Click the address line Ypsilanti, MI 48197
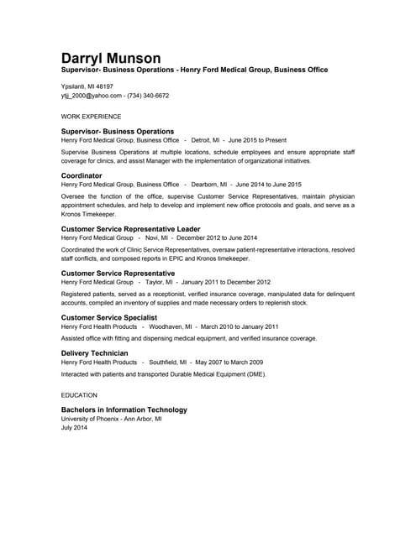pos(87,86)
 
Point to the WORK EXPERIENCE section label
pos(91,117)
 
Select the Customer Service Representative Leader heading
pos(130,228)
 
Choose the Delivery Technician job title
pos(95,353)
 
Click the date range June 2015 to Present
pos(258,140)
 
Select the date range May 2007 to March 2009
pos(229,362)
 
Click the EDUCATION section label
pos(79,394)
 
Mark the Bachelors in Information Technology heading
pos(124,410)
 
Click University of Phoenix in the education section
pos(89,419)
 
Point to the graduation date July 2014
pos(74,428)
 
